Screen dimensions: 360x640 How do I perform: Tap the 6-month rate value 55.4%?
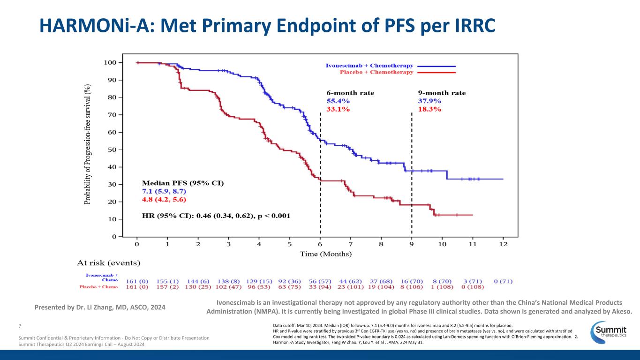[338, 101]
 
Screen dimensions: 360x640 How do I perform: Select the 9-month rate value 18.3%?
[429, 109]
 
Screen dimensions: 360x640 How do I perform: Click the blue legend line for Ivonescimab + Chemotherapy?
[436, 66]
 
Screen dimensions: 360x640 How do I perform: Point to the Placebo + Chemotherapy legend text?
[376, 72]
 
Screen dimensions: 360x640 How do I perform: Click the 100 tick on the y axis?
[110, 62]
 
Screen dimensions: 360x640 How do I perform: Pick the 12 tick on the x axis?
[503, 244]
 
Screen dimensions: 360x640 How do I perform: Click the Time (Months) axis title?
[326, 254]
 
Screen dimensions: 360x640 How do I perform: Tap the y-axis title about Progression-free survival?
[88, 144]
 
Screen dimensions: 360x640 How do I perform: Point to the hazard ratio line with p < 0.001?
[216, 216]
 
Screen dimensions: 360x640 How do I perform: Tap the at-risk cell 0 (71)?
[503, 281]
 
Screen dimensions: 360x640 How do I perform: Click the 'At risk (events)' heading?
[109, 262]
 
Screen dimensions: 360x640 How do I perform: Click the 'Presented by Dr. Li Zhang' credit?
[100, 307]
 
